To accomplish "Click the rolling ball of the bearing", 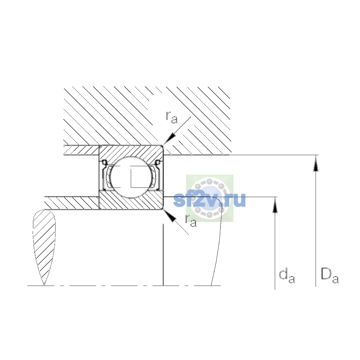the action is [x=131, y=177].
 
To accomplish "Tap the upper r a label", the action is [x=172, y=117].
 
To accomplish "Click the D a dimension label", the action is [x=330, y=276].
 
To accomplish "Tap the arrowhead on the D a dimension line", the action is [x=316, y=163].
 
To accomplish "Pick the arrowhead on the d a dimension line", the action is [x=275, y=205].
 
